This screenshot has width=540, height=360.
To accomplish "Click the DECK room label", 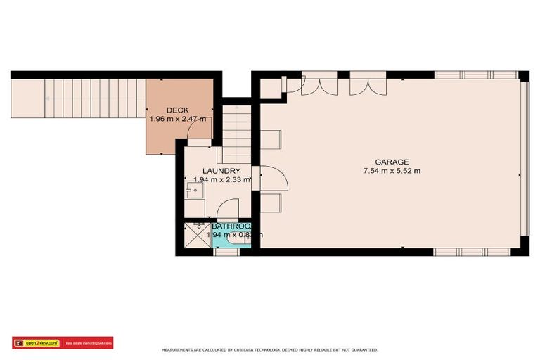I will coord(178,110).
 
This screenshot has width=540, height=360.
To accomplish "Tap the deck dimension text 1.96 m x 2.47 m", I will coord(178,120).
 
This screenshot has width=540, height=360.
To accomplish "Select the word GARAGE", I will coord(392,162).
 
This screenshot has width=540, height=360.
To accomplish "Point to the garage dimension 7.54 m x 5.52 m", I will coord(392,171).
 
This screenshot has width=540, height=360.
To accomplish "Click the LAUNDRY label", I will coord(221,171).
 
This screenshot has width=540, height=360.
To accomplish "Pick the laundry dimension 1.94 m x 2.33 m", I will coord(221,180).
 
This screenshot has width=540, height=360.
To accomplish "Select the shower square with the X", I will coord(197,235).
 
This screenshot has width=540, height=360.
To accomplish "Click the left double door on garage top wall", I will coord(319,85).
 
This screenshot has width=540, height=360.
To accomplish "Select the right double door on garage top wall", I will coord(368,85).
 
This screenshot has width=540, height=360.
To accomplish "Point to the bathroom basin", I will coord(240,240).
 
